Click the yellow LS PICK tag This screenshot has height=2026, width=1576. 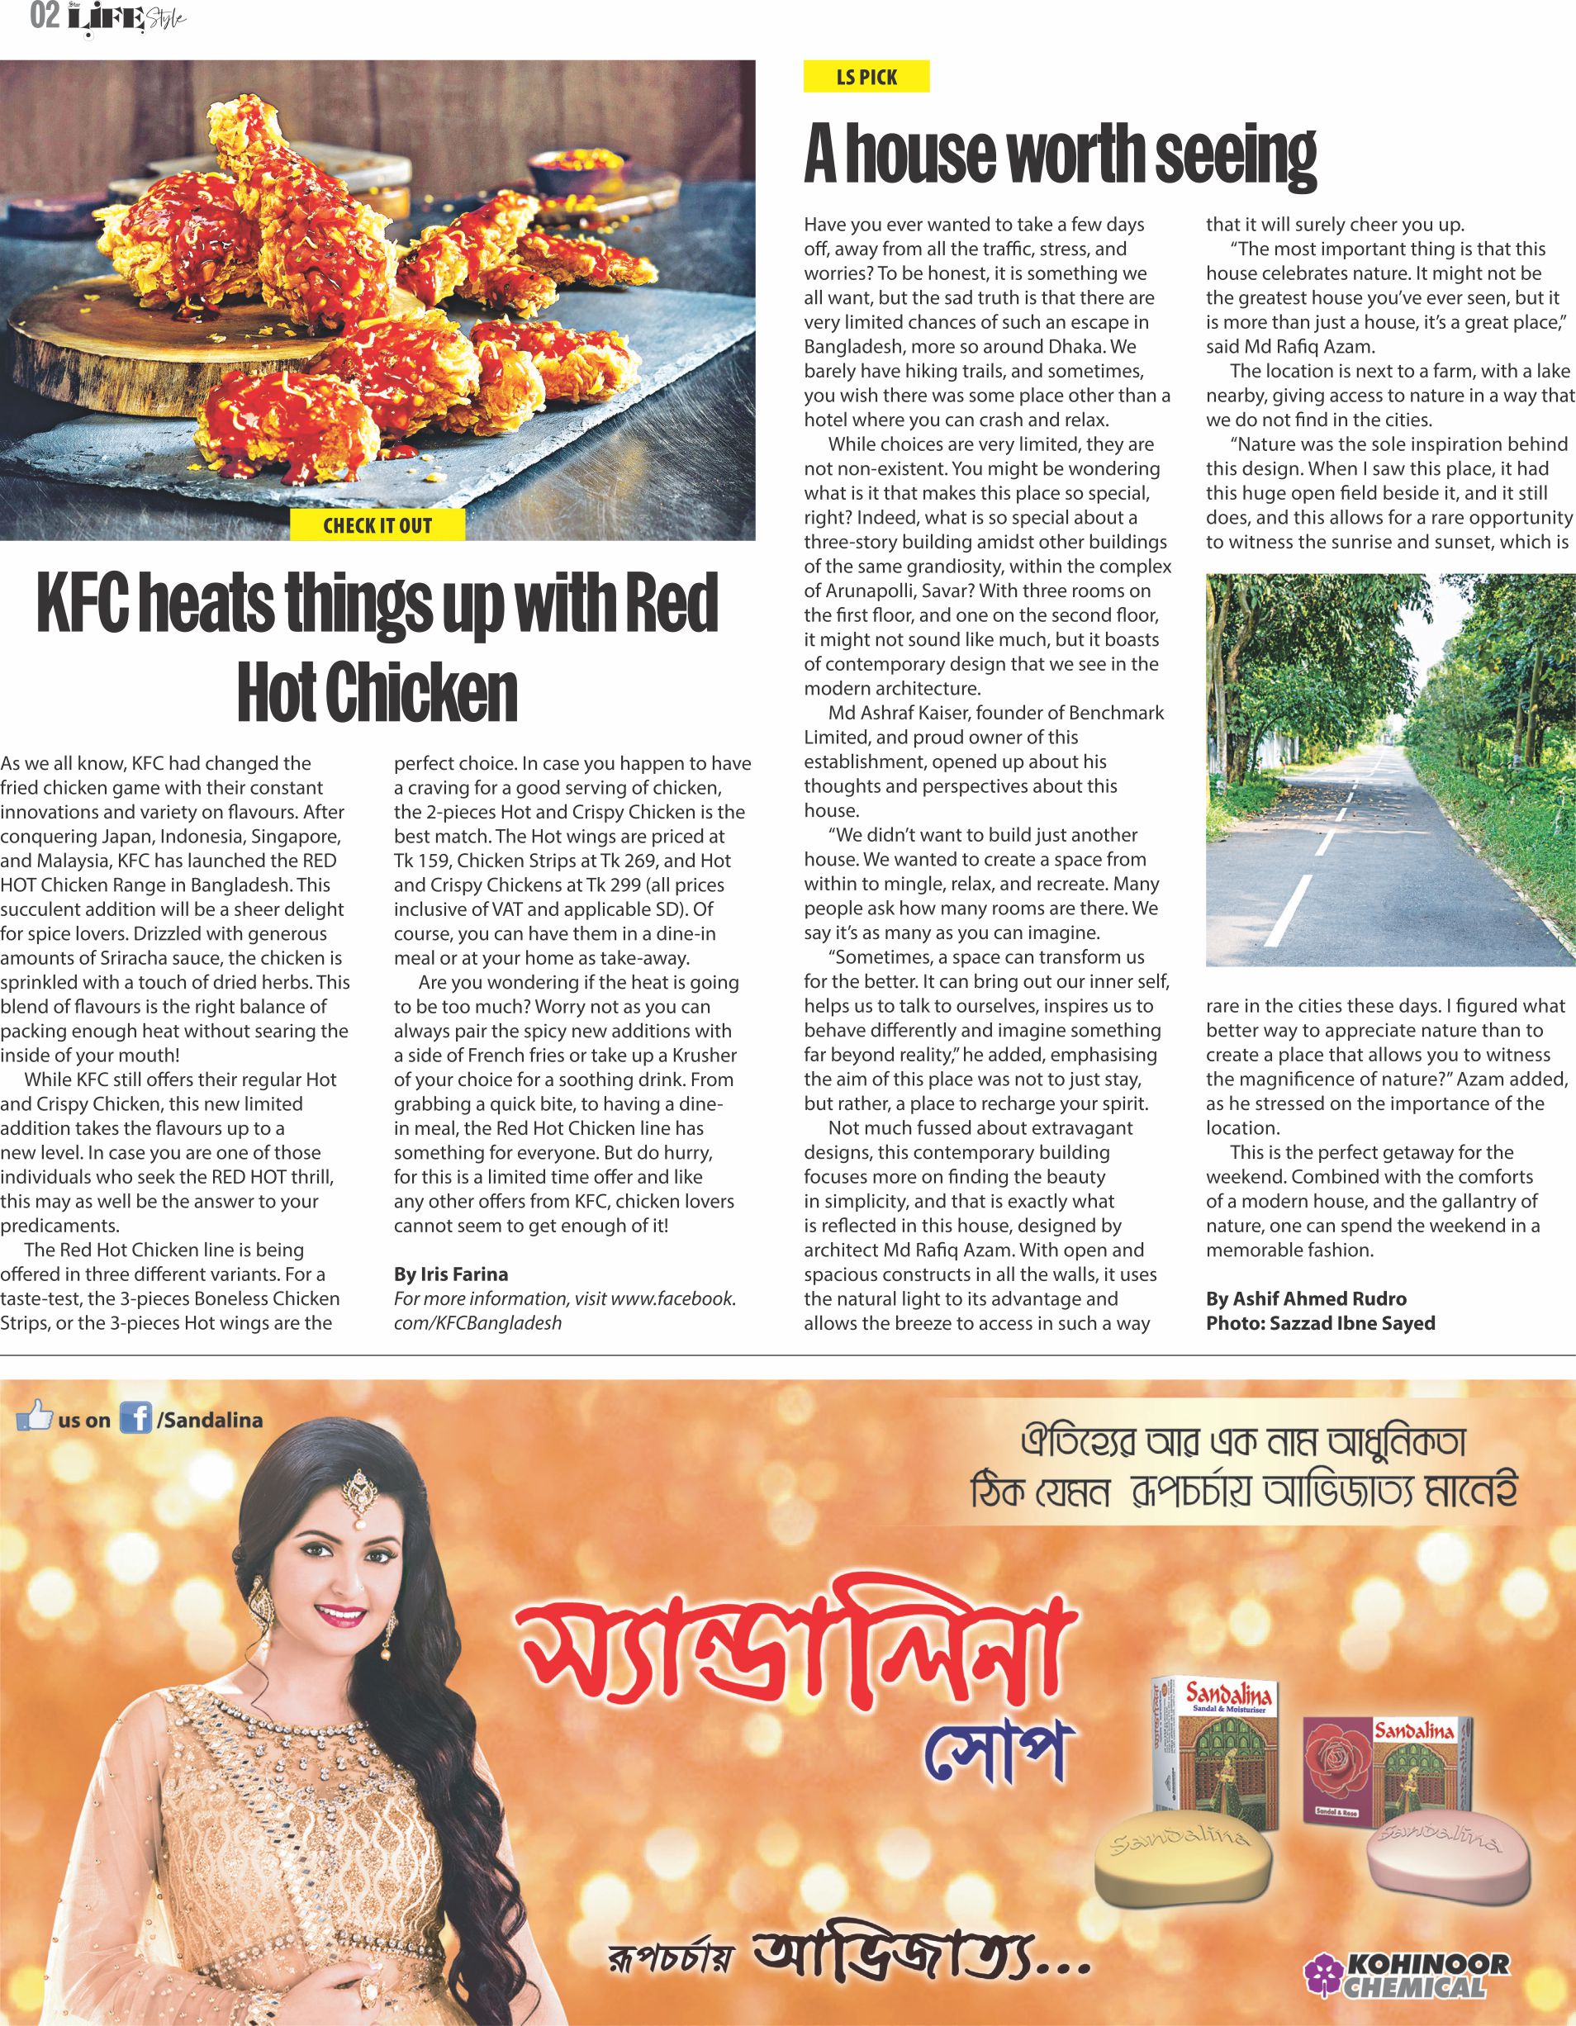pos(866,77)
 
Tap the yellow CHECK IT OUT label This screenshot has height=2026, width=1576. pos(377,526)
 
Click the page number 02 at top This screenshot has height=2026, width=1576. pos(44,16)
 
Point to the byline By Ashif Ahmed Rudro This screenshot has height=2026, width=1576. pos(1305,1298)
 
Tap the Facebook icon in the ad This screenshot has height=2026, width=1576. pos(135,1419)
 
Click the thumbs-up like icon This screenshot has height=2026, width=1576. pos(35,1416)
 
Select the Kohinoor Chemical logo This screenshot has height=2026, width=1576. pos(1407,1974)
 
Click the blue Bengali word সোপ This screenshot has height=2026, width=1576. pos(997,1750)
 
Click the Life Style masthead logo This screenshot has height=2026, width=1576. pos(126,17)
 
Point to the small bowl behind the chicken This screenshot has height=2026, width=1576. pos(567,168)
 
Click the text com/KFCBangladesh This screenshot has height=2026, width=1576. pos(477,1323)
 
